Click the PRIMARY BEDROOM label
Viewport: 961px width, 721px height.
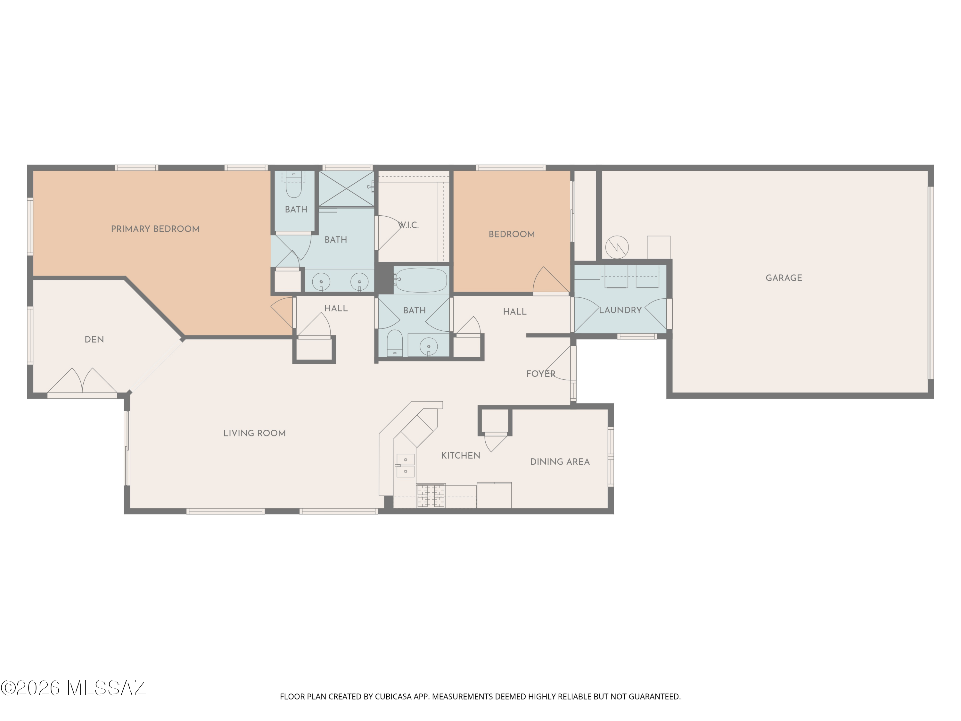click(155, 229)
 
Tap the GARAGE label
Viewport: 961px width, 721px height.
click(784, 278)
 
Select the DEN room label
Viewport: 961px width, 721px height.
click(94, 339)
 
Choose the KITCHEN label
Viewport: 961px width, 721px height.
click(461, 455)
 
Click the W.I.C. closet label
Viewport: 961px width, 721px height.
click(408, 225)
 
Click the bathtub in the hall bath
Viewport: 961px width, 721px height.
click(421, 280)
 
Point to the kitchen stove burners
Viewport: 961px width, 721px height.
click(431, 495)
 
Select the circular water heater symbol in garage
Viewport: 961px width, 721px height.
click(617, 247)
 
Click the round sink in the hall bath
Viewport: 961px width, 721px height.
click(429, 346)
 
